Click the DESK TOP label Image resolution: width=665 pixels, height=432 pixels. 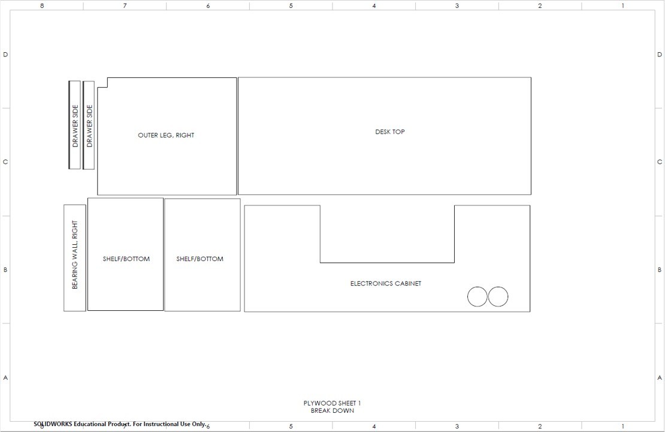point(390,132)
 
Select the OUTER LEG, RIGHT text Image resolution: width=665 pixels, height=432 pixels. point(166,136)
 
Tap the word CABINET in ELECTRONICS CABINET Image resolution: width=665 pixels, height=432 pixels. point(406,284)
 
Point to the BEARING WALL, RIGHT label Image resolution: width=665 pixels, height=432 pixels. point(75,255)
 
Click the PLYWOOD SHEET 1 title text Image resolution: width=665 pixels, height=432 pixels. point(332,403)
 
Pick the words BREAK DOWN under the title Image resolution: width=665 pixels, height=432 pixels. point(332,411)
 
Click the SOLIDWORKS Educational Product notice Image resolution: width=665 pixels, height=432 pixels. point(120,424)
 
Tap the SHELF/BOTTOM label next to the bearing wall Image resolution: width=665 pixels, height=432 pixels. point(126,259)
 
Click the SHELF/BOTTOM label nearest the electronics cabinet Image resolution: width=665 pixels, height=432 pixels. point(199,259)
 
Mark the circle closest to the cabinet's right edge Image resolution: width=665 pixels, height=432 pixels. point(498,297)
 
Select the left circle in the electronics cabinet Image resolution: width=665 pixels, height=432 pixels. point(477,297)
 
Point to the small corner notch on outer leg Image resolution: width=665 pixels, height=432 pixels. point(102,83)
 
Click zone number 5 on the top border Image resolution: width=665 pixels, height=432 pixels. point(291,6)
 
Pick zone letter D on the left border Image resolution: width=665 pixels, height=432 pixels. point(6,55)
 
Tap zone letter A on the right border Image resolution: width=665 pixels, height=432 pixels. point(660,378)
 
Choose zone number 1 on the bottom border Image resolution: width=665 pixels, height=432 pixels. point(623,427)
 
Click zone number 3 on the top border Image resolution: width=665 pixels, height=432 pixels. point(457,6)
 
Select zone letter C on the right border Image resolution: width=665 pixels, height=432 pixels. point(660,162)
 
